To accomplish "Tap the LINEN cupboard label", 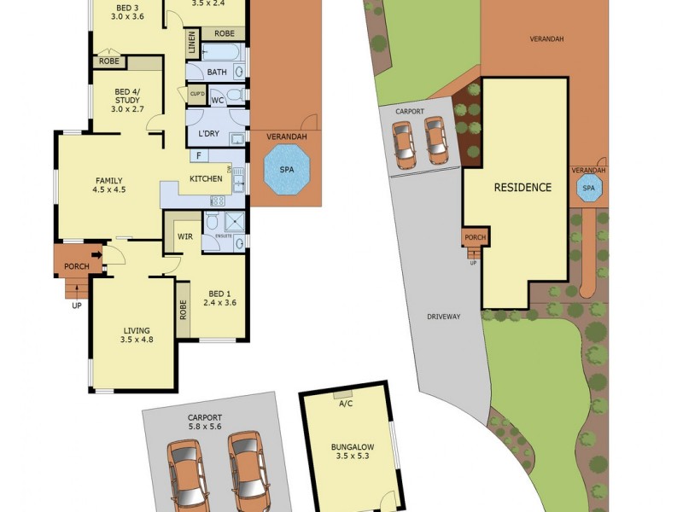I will pos(192,44).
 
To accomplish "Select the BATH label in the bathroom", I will pos(217,73).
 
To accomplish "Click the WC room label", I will pos(217,101).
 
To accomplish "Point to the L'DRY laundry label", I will pos(209,134).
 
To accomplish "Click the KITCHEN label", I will pos(206,179).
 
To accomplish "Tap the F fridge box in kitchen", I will pos(198,155).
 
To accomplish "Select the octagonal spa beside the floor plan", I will pos(286,170).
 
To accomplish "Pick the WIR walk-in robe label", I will pos(184,236).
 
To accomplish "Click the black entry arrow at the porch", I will pos(96,254).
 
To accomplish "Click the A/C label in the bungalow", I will pos(345,404).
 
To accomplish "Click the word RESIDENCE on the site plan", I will pos(522,188).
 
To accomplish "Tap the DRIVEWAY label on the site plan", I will pos(444,317).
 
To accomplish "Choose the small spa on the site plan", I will pos(588,189).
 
